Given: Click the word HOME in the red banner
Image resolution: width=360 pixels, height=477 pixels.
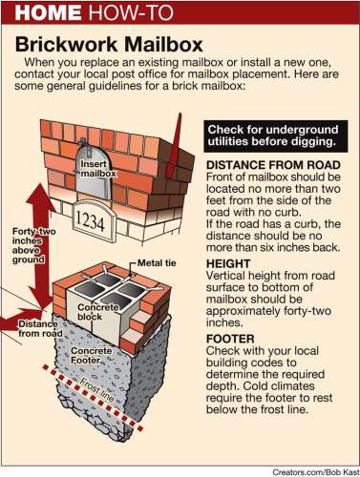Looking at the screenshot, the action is [x=48, y=12].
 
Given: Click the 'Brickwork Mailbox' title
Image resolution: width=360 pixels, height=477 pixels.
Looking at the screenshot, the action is [x=109, y=45].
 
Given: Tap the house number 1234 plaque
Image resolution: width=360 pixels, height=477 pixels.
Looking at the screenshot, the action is [x=90, y=221].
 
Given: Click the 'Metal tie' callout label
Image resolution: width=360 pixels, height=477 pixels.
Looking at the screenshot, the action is [x=157, y=263].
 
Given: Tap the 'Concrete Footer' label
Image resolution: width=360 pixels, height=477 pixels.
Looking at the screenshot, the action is [x=92, y=356].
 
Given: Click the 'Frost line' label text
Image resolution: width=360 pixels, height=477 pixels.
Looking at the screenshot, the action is [x=96, y=390].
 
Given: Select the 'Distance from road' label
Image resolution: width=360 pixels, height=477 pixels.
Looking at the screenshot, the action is [x=39, y=328].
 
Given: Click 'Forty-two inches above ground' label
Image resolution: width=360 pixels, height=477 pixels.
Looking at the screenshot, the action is [x=33, y=245].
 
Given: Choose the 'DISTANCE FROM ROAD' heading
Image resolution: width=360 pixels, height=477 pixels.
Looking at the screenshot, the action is [x=273, y=165].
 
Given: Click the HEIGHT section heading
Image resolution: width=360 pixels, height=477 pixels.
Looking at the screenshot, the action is [x=228, y=263].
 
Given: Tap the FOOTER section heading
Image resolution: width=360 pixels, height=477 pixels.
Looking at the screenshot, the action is [x=230, y=339].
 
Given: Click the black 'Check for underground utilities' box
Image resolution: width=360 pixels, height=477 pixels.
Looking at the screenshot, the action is [x=276, y=135].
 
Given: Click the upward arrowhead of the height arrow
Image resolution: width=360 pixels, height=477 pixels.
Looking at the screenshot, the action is [x=41, y=194].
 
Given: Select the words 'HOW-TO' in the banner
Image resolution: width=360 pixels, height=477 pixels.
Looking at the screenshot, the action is [x=132, y=12].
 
